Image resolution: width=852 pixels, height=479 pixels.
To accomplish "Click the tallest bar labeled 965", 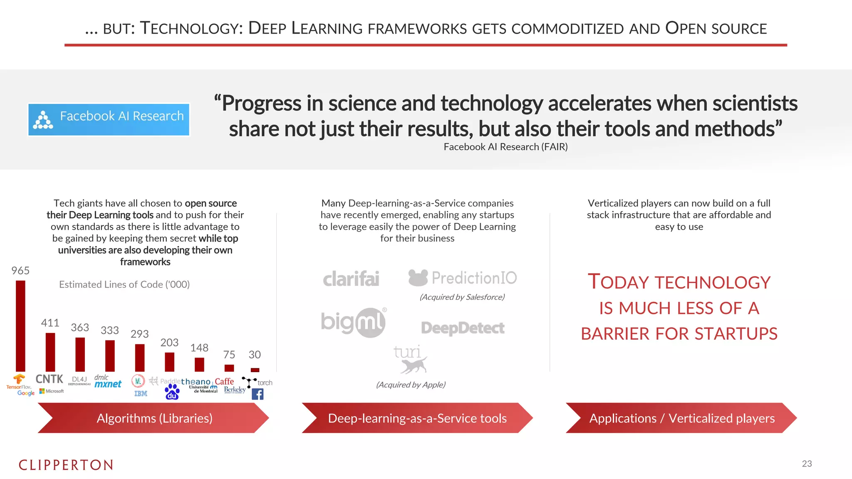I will coord(20,326).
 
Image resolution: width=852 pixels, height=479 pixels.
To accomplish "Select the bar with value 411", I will coord(50,352).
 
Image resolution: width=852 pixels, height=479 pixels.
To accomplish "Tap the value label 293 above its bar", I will coord(139,334).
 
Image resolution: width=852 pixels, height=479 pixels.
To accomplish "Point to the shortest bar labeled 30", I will coord(255,370).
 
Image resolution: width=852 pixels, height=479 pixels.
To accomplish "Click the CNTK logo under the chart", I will coord(49,379).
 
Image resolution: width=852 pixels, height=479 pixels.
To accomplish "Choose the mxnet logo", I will coord(108,384).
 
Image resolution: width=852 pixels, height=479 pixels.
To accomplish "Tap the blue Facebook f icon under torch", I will coord(258,394).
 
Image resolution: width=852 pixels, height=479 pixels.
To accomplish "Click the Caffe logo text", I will coord(224,381).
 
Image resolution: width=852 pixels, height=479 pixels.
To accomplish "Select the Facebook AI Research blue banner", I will coord(109,120).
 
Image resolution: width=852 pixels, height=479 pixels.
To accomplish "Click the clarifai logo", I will coord(351,279).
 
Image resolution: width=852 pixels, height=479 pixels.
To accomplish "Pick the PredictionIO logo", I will coord(463,278).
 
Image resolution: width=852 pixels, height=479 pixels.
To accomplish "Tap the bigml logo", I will coord(354,322).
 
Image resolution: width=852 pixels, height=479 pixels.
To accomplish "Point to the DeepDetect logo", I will coord(463,328).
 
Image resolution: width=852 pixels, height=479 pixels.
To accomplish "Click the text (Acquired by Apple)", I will coord(411,385).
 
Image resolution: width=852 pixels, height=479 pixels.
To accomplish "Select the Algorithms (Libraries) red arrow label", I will coord(154,418).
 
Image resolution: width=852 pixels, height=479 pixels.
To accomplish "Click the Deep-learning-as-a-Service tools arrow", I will coord(417,418).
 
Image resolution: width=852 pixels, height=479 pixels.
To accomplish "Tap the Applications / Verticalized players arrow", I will coord(681,418).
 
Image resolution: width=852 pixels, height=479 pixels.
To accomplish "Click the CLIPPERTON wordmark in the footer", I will coord(66,465).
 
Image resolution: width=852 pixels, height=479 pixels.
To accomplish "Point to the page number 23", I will coord(807,464).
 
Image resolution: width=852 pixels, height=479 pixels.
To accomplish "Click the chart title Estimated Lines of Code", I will coord(124,284).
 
